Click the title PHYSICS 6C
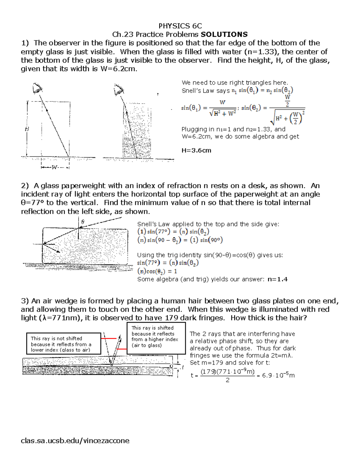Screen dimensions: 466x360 (x=180, y=26)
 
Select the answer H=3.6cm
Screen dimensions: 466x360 (x=196, y=150)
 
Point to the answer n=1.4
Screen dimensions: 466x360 (x=277, y=279)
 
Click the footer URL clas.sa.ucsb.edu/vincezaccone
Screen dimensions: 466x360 (x=75, y=440)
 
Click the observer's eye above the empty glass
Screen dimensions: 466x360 (x=37, y=89)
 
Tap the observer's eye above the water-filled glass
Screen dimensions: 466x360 (x=119, y=90)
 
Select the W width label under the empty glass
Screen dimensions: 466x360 (x=54, y=167)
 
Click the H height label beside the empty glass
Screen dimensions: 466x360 (x=27, y=129)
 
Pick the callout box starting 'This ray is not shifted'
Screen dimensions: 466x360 (x=64, y=344)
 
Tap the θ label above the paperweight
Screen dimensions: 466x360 (x=83, y=222)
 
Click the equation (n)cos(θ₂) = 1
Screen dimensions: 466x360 (x=157, y=271)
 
